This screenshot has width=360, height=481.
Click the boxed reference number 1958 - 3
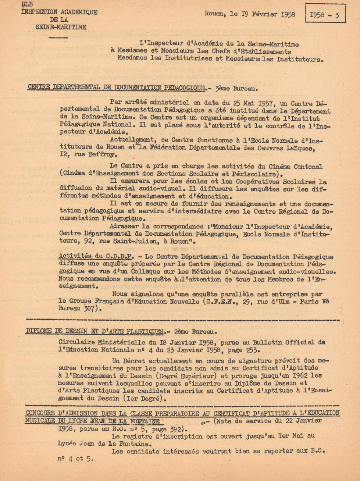[x=325, y=15]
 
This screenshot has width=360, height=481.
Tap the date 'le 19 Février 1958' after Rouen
[x=262, y=14]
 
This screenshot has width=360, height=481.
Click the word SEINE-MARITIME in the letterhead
[x=61, y=27]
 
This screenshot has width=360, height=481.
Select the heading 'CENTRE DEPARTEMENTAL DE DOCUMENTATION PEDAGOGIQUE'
[x=116, y=88]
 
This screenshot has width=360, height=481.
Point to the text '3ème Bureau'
[x=236, y=88]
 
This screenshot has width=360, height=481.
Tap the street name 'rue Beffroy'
[x=96, y=155]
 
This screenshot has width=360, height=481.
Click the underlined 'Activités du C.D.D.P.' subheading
[x=96, y=256]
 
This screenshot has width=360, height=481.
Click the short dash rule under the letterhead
[x=58, y=37]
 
